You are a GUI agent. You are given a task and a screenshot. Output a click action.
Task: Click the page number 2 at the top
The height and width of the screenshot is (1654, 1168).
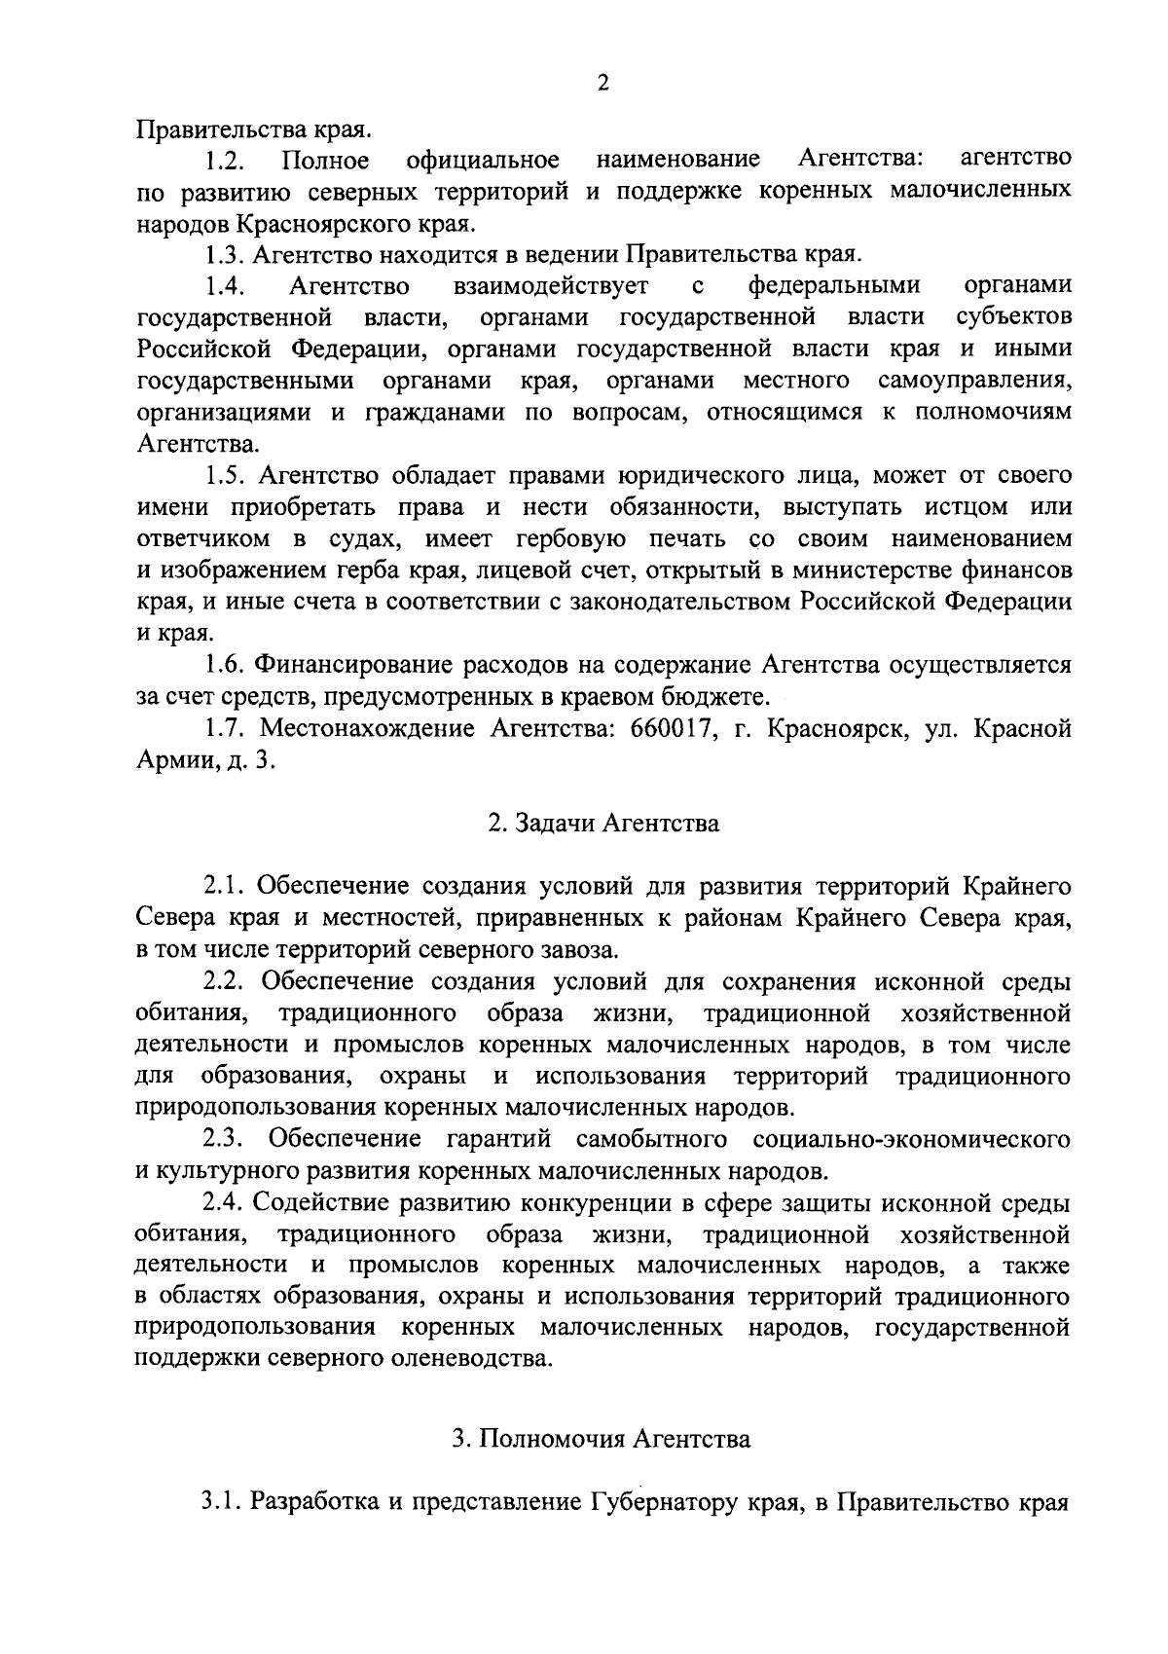coord(602,84)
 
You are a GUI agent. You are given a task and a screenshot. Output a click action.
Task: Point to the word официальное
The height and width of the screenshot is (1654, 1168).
coord(484,160)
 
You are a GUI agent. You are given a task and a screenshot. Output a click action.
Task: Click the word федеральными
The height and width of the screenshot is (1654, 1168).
coord(834,286)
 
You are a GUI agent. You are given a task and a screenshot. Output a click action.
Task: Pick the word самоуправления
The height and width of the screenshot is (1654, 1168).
coord(974,381)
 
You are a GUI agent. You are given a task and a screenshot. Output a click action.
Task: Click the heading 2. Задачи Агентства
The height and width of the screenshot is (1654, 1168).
coord(603,824)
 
